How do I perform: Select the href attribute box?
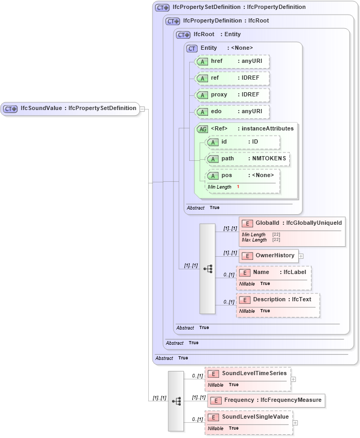point(232,61)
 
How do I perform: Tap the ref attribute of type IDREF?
point(232,78)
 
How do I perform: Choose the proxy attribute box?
point(232,95)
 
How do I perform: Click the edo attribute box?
point(232,112)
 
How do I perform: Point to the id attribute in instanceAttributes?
point(243,142)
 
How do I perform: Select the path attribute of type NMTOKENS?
point(247,159)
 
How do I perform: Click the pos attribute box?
point(243,176)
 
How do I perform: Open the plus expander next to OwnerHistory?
point(301,256)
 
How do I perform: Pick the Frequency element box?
point(266,400)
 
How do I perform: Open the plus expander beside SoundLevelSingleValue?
point(296,422)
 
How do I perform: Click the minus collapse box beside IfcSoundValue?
point(142,109)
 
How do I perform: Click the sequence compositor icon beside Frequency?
point(176,401)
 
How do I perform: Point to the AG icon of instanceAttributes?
point(202,129)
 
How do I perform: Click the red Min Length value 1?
point(238,187)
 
